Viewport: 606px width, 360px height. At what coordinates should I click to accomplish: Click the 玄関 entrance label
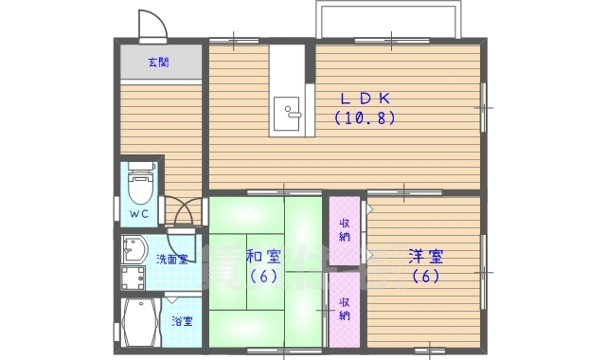[157, 63]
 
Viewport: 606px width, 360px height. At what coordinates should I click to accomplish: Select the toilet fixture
[140, 185]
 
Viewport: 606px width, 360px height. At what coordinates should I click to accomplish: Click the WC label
[139, 214]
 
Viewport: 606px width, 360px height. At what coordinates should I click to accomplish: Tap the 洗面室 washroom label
[170, 258]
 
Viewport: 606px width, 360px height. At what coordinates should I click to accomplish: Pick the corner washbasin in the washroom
[134, 248]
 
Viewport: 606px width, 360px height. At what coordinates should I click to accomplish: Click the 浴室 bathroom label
[181, 321]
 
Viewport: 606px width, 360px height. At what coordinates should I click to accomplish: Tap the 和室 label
[262, 257]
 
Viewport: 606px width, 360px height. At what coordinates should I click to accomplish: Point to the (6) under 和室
[262, 277]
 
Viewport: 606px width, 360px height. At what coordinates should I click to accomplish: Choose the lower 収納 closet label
[345, 308]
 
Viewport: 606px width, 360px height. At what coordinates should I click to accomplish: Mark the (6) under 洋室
[425, 277]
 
